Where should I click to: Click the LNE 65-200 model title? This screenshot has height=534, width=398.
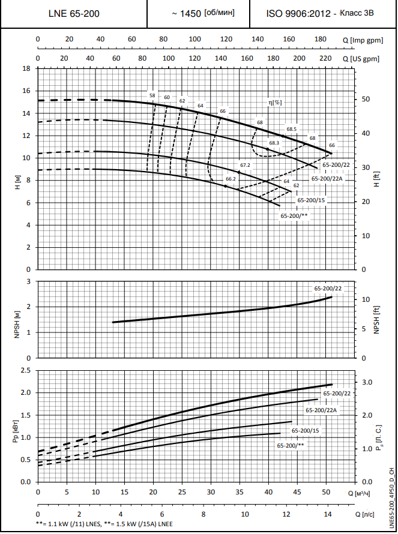[73, 14]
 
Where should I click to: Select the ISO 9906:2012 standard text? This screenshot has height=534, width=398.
[298, 13]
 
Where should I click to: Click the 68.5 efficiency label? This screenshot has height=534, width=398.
[292, 129]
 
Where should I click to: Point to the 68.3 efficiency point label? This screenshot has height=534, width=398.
[274, 143]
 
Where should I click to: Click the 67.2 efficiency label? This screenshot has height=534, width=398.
[245, 165]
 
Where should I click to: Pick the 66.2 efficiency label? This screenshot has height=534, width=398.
[231, 179]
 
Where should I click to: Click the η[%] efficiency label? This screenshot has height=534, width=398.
[275, 103]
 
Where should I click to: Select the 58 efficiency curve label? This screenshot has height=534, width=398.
[152, 95]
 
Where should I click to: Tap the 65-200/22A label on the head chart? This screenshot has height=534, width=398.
[327, 178]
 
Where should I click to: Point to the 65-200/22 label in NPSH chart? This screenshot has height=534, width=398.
[328, 289]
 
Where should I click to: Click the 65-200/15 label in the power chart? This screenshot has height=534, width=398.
[306, 431]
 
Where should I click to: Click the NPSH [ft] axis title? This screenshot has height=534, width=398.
[377, 320]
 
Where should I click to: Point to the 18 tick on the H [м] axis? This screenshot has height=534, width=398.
[26, 68]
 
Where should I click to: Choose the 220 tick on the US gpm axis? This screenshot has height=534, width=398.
[325, 59]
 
